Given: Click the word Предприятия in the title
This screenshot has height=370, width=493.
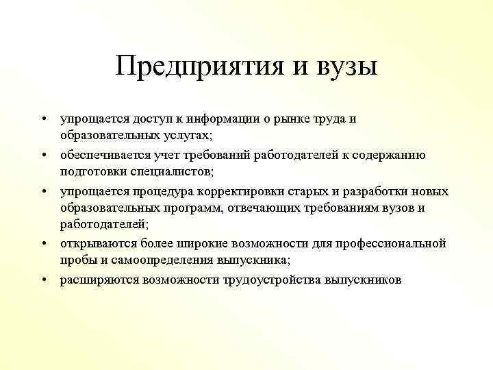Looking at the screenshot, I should pos(194,68).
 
